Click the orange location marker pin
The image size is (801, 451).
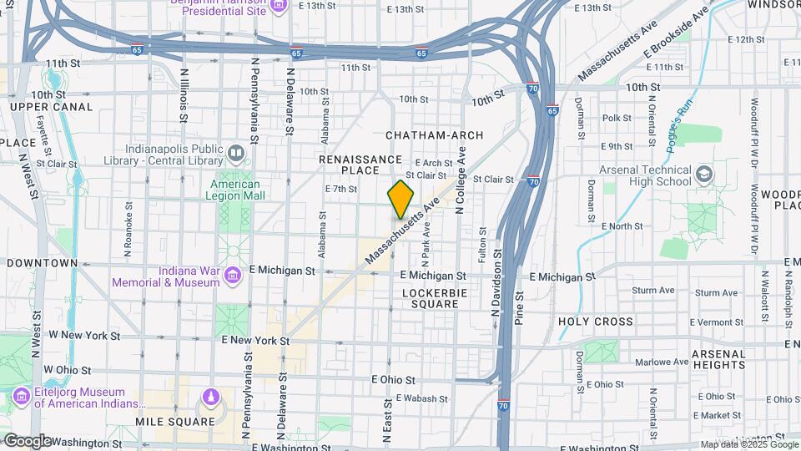(x=400, y=200)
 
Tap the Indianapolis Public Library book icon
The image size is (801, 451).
(x=236, y=154)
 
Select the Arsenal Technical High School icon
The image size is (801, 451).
(x=705, y=174)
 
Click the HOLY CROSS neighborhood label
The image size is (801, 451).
(x=596, y=322)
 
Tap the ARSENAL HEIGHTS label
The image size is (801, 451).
(x=718, y=359)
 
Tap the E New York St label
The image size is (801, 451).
(x=255, y=341)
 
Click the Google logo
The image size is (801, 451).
(x=28, y=441)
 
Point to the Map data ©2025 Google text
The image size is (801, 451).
(x=748, y=443)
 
